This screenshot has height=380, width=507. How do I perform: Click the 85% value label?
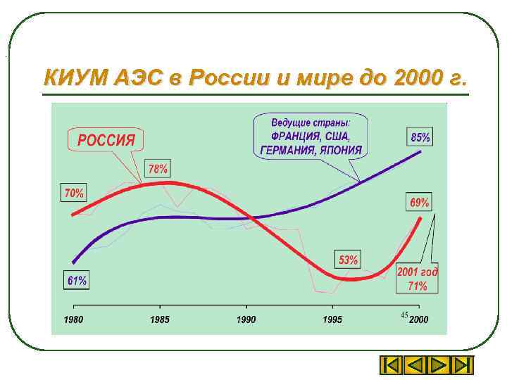[x=420, y=137]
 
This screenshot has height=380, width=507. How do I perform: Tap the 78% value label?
[x=158, y=169]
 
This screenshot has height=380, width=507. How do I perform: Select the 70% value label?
[x=74, y=192]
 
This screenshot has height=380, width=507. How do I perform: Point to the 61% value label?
[x=77, y=280]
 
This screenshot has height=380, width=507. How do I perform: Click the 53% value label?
[x=348, y=260]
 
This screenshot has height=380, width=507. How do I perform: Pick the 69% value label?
[x=419, y=203]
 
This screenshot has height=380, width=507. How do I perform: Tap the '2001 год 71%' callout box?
[x=417, y=279]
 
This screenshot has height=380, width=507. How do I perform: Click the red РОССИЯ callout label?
[x=106, y=139]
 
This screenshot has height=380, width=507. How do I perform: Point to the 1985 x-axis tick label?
[x=160, y=319]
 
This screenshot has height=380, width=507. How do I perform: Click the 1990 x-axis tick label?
[x=246, y=319]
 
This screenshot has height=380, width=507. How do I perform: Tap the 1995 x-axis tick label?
[x=332, y=319]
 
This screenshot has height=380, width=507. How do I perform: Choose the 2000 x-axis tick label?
[x=419, y=319]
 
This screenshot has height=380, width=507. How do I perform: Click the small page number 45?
[x=404, y=314]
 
